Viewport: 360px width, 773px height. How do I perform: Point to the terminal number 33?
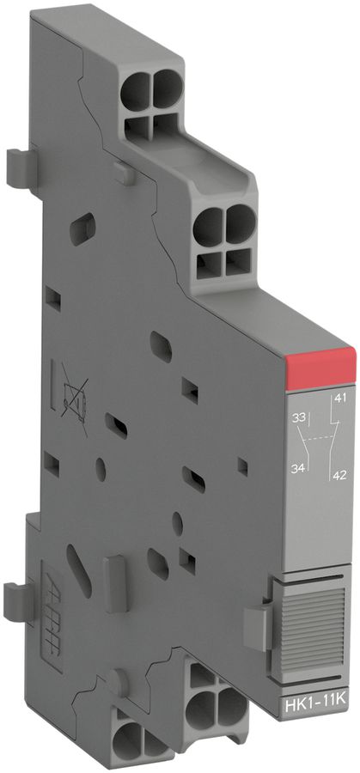[x=301, y=418]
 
